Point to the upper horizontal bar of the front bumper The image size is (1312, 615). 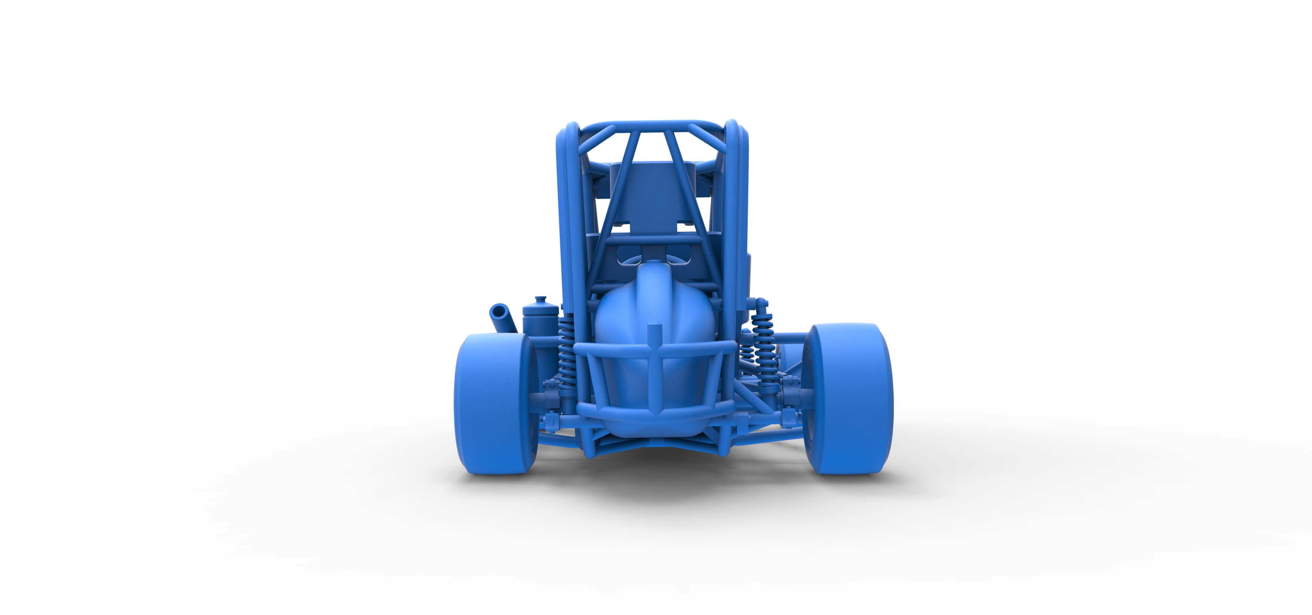tap(654, 350)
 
